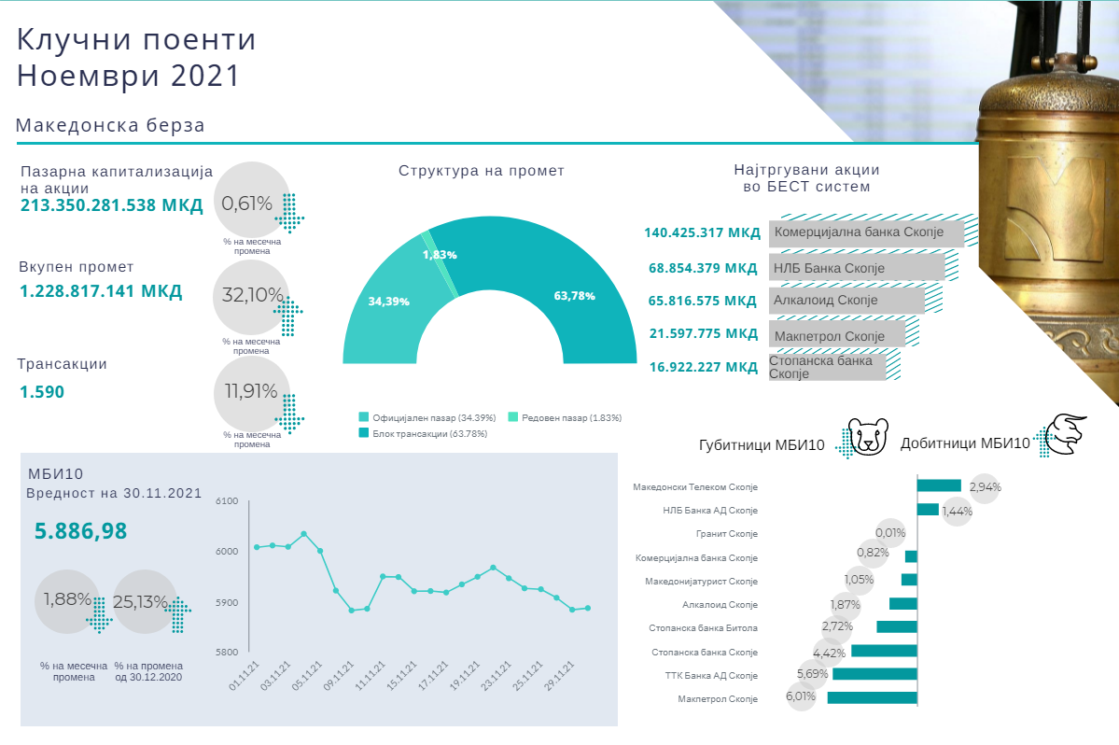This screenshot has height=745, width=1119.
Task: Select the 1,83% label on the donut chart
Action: [x=440, y=255]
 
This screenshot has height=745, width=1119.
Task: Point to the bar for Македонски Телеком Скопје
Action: [x=939, y=485]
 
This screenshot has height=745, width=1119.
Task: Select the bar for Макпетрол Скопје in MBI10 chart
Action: [x=872, y=697]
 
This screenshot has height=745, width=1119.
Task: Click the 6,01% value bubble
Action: [x=801, y=696]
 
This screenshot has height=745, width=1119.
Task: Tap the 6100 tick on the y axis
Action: [x=228, y=501]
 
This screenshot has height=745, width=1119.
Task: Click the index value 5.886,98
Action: [x=80, y=531]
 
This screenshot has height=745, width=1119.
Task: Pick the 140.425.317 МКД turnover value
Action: [x=702, y=232]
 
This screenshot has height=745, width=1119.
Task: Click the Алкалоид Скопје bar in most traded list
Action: [x=847, y=301]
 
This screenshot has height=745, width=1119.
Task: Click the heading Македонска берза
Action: [x=110, y=125]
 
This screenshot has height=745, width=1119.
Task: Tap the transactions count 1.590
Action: [x=42, y=392]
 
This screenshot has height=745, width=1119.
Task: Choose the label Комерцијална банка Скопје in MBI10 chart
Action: [x=696, y=557]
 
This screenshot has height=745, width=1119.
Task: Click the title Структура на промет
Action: [x=481, y=171]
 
